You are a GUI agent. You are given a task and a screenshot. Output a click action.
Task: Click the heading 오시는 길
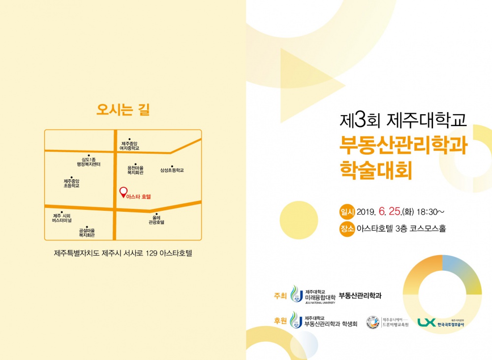click(123, 109)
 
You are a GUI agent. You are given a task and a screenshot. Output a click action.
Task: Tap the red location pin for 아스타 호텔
click(123, 192)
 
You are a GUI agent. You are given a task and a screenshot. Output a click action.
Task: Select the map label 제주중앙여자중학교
click(130, 145)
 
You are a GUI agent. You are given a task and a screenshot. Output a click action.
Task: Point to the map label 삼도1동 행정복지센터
click(88, 162)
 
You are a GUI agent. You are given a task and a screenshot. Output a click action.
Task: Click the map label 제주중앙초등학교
click(71, 183)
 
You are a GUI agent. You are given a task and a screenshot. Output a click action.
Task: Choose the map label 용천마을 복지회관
click(135, 170)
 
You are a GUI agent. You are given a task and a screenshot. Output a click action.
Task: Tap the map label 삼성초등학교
click(172, 170)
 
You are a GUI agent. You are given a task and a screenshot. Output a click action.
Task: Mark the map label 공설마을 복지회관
click(87, 233)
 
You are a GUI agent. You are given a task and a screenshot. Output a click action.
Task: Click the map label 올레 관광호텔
click(156, 220)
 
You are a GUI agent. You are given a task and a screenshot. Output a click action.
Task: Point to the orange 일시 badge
click(347, 212)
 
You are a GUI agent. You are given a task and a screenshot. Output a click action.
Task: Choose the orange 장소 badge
click(347, 229)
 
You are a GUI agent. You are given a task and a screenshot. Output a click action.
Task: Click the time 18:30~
click(430, 212)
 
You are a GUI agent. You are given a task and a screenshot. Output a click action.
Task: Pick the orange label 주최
click(280, 296)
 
